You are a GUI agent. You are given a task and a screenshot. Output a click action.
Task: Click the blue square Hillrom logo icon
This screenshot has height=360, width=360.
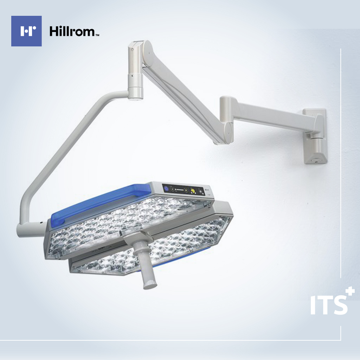click(x=26, y=31)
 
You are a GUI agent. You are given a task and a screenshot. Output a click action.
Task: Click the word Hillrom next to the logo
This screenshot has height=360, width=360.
click(x=72, y=31)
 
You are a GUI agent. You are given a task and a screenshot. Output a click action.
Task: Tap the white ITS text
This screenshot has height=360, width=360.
click(x=329, y=305)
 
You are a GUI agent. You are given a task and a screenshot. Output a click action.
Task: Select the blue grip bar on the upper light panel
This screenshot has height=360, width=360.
click(x=101, y=204)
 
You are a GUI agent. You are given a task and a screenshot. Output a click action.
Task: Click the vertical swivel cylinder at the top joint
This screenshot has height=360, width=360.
click(x=135, y=71)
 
